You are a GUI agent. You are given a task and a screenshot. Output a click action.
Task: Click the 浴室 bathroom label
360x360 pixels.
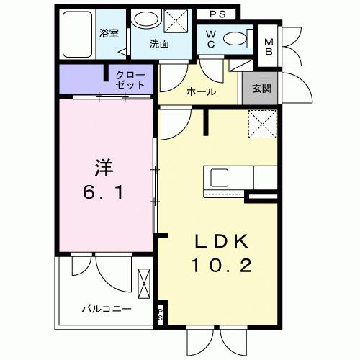108,33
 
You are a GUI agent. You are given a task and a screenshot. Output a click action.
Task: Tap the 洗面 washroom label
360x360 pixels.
159,44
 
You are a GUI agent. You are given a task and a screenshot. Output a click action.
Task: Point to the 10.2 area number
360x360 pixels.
221,267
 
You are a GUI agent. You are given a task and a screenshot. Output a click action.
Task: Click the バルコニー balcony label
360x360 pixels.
105,308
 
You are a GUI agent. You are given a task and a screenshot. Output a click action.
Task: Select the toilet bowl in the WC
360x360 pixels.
234,38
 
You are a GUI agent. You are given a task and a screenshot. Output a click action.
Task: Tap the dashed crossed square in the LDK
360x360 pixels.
262,124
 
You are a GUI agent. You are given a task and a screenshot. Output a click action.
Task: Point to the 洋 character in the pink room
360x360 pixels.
103,167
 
